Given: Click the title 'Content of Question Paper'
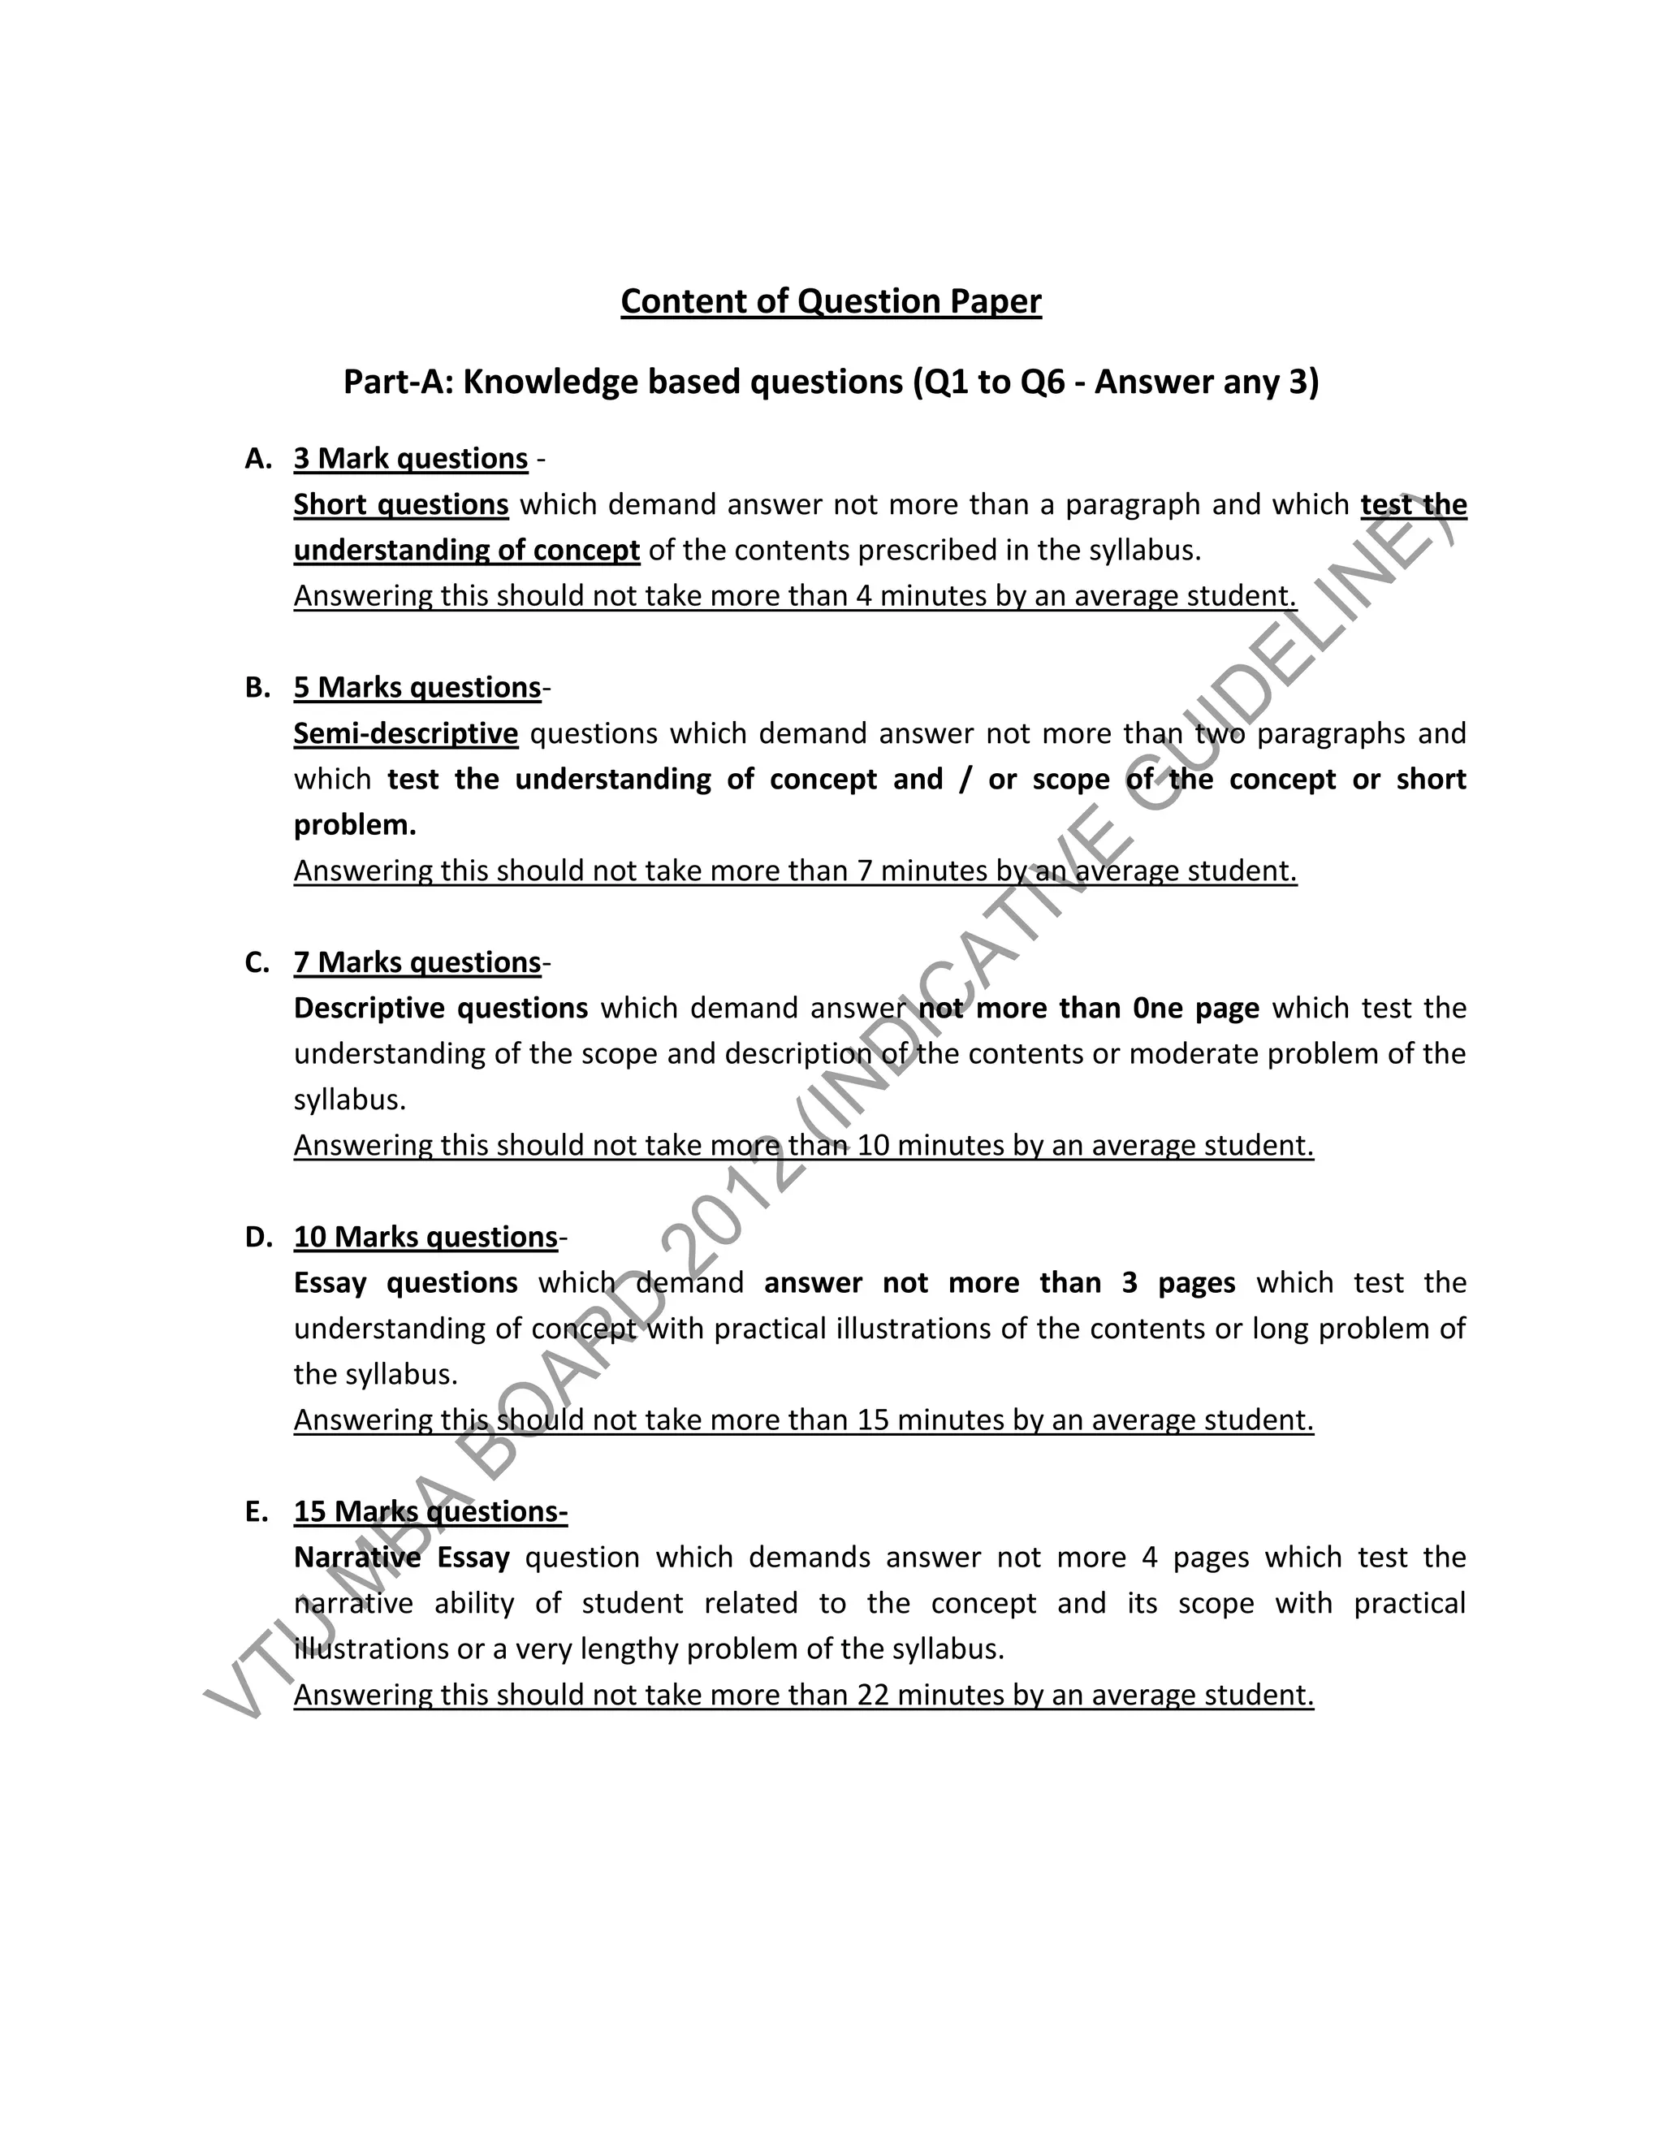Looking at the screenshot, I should tap(831, 301).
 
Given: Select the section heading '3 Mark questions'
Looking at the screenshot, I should tap(411, 459).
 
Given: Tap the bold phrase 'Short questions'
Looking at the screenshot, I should tap(401, 504).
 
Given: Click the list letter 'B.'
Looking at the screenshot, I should tap(257, 688).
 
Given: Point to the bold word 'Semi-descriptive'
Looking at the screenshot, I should tap(406, 734).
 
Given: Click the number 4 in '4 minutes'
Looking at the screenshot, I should tap(864, 596).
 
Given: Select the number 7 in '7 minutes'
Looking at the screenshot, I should tap(864, 871).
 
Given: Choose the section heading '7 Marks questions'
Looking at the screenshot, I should tap(417, 962).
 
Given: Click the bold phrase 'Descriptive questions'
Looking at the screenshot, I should tap(440, 1009).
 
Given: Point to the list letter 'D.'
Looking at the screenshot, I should tap(258, 1238).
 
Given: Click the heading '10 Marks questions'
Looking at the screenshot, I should tap(425, 1238).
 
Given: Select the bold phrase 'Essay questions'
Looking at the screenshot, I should tap(405, 1283).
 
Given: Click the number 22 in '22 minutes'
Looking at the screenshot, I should tap(873, 1695).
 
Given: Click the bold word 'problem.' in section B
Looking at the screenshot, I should tap(355, 826).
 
